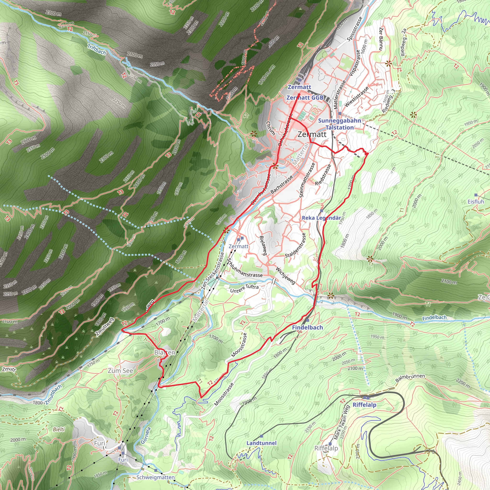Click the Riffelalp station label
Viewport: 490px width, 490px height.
pos(364,405)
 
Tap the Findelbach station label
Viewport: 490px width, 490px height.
pos(307,328)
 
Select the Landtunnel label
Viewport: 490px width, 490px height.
pos(261,443)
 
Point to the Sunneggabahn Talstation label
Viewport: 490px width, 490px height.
pos(339,124)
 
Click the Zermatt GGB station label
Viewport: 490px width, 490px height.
pos(305,98)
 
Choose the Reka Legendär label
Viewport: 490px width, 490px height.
pos(321,218)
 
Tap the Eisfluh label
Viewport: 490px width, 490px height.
pos(476,202)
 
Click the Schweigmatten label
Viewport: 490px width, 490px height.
pos(156,477)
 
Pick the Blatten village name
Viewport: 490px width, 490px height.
pos(165,352)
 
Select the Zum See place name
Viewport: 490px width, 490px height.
pos(121,371)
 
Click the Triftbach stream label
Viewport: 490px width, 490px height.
pos(96,49)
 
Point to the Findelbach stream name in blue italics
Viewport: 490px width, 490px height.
pos(434,317)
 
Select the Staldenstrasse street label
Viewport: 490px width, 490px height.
pos(295,245)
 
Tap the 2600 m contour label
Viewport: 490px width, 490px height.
pos(29,140)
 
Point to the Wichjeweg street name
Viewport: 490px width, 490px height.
pos(286,276)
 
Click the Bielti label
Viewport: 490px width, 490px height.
pos(59,429)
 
